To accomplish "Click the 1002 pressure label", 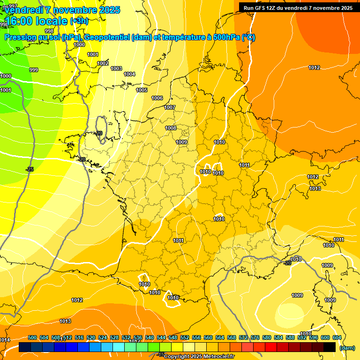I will pyautogui.click(x=103, y=64).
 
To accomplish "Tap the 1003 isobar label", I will pyautogui.click(x=116, y=69).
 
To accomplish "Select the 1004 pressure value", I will pyautogui.click(x=129, y=75).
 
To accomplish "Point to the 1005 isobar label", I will pyautogui.click(x=142, y=90).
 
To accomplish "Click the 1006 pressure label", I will pyautogui.click(x=157, y=98).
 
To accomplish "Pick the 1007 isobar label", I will pyautogui.click(x=170, y=108).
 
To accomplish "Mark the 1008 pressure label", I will pyautogui.click(x=171, y=128).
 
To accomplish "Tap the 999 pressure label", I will pyautogui.click(x=34, y=70).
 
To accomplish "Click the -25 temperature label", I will pyautogui.click(x=30, y=169).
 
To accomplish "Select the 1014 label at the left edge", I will pyautogui.click(x=5, y=340).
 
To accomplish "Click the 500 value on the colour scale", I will pyautogui.click(x=32, y=338).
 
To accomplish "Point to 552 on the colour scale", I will pyautogui.click(x=185, y=338).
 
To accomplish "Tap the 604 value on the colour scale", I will pyautogui.click(x=337, y=338).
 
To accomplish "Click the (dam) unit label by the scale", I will pyautogui.click(x=347, y=348).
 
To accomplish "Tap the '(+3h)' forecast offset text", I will pyautogui.click(x=78, y=21).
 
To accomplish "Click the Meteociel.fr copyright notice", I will pyautogui.click(x=199, y=357).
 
